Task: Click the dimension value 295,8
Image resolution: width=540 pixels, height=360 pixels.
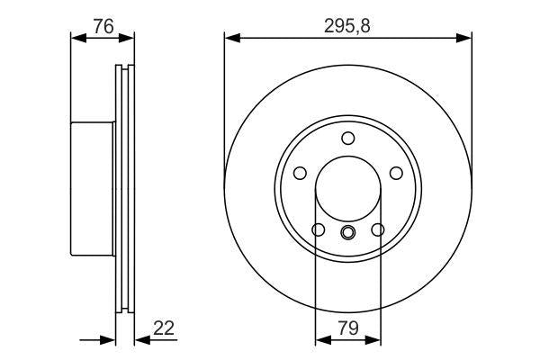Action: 348,26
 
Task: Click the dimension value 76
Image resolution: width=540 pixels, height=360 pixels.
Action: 103,26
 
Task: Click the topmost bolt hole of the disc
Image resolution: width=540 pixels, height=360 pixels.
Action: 348,138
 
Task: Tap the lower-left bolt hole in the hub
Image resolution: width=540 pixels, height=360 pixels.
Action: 318,230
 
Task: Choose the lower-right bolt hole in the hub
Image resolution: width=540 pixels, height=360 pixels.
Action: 378,230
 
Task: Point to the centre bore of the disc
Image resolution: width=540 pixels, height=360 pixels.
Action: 348,189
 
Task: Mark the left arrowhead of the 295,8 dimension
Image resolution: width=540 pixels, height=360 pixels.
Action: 229,39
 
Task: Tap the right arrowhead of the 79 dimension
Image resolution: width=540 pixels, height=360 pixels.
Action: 375,340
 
